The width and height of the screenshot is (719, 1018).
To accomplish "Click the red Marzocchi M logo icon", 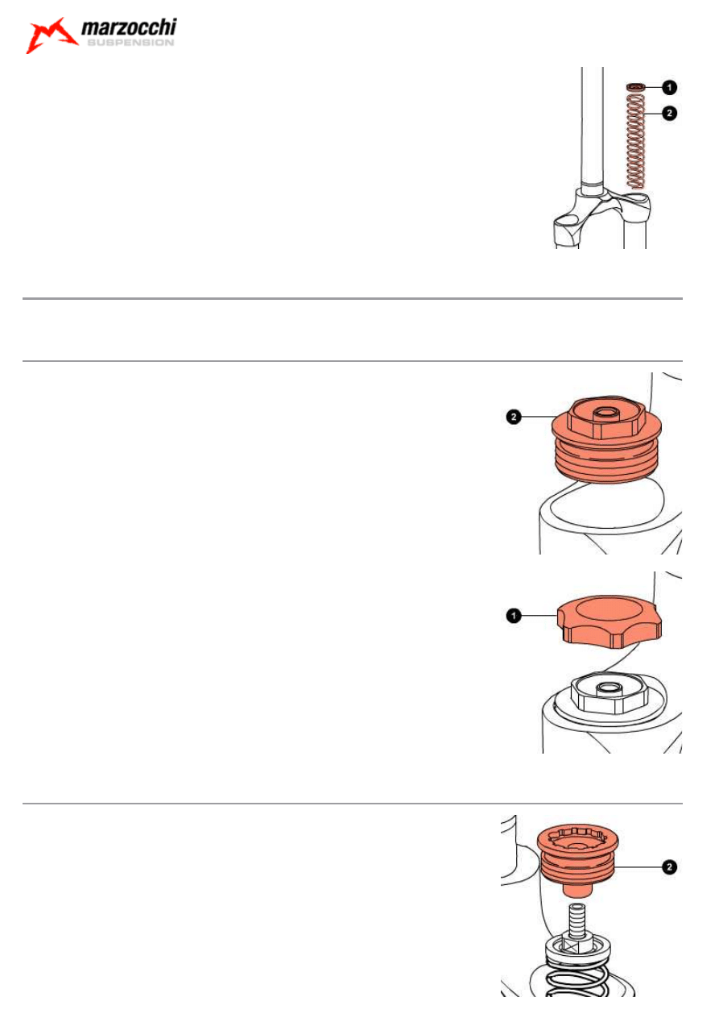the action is tap(51, 35).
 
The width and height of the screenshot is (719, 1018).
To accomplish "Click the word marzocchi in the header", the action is tap(129, 27).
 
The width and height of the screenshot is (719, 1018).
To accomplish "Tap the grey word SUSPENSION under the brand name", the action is tap(130, 43).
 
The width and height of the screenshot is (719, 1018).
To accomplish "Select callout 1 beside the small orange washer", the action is tap(669, 87).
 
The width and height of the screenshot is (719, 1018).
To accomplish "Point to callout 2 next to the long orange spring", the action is tap(669, 113).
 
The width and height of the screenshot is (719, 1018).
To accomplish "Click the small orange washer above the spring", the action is tap(635, 86).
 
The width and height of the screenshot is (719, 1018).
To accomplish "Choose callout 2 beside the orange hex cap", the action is tap(514, 417).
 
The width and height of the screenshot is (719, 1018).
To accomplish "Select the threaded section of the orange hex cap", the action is tap(606, 460).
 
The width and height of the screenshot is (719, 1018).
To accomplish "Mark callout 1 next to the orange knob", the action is tap(514, 616).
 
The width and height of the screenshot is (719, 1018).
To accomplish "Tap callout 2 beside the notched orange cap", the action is tap(669, 866).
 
